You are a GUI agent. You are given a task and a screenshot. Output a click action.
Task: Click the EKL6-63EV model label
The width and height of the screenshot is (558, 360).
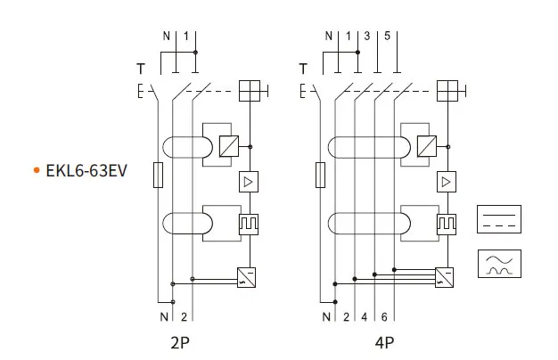point(86,169)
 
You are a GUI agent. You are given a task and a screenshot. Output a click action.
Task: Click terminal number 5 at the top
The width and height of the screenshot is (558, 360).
point(387,37)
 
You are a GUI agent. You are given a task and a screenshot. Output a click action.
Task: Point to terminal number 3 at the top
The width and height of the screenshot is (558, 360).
point(366,37)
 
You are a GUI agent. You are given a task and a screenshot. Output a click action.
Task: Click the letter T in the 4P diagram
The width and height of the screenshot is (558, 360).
point(304,69)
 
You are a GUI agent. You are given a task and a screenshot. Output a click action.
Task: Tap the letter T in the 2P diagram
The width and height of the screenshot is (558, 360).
point(140,69)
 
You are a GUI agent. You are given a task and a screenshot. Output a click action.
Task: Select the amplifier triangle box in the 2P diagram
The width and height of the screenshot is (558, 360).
point(248,183)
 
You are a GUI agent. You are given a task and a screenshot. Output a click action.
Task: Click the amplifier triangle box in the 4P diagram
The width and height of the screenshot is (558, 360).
point(447,183)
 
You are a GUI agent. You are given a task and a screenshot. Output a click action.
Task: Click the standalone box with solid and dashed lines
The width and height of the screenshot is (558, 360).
point(499,220)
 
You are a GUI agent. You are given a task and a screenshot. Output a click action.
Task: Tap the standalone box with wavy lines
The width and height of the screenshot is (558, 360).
point(499,263)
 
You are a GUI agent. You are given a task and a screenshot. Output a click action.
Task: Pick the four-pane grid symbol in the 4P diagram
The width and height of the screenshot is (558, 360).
point(449,91)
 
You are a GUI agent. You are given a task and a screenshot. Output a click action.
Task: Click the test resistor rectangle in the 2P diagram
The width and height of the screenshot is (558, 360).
point(159,176)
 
